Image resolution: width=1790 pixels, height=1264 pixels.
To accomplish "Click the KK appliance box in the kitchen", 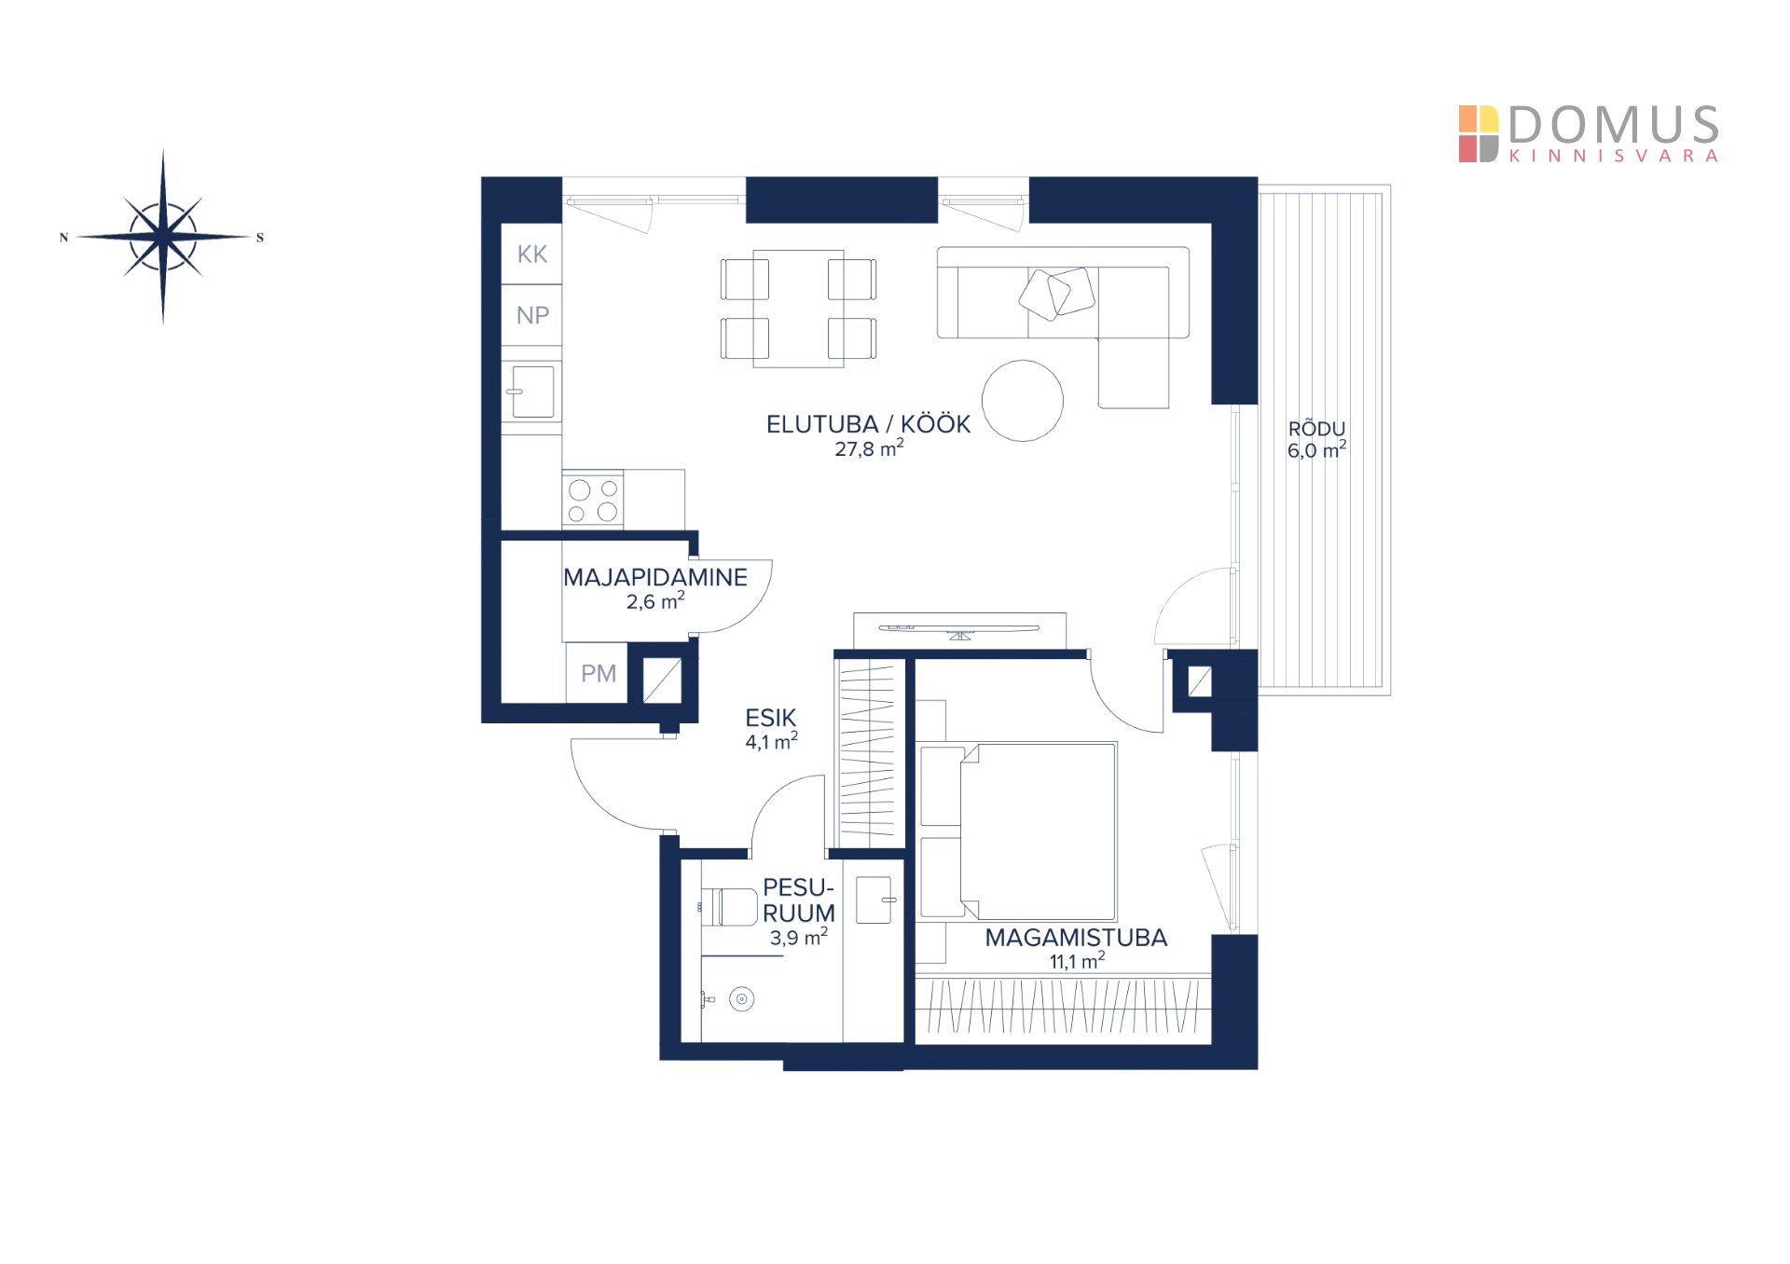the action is tap(531, 254).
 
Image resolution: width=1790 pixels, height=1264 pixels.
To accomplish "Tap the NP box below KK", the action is tap(531, 315).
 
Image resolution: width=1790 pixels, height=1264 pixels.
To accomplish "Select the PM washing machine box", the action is tap(598, 673).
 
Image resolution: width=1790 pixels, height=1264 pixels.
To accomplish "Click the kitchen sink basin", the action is tap(532, 392).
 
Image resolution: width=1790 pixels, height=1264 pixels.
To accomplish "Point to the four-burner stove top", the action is tap(593, 501).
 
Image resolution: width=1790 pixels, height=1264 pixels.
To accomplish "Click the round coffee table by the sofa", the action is tap(1023, 400).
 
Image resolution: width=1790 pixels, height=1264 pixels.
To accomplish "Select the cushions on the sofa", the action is tap(1056, 292).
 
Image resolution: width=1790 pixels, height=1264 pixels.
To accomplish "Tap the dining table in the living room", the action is tap(798, 309).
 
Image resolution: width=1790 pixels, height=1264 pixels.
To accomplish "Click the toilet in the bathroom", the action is tap(729, 907).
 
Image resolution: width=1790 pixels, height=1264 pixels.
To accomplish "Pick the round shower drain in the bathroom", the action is tap(741, 1000).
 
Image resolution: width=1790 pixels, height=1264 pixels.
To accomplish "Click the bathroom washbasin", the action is tap(874, 900).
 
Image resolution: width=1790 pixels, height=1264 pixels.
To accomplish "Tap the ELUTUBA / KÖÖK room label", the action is tap(868, 424).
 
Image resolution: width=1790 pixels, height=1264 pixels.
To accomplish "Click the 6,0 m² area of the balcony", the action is tap(1316, 450).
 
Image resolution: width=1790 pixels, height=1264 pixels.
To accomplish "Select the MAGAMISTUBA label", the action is tap(1076, 938).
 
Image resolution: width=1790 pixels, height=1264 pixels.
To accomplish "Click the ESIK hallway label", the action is tap(771, 718).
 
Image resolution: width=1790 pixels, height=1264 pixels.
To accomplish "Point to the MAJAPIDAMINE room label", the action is tap(655, 577).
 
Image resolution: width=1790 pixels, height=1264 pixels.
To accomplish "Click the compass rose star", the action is tap(163, 237).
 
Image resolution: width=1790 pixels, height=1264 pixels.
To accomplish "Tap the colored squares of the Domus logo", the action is tap(1479, 134).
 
